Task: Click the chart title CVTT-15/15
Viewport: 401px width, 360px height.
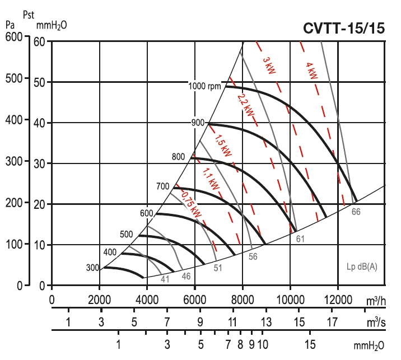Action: pyautogui.click(x=344, y=29)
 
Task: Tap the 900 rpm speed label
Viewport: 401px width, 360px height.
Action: pyautogui.click(x=197, y=123)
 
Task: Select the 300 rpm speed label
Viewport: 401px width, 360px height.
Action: pyautogui.click(x=92, y=267)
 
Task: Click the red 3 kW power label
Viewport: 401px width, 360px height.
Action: pyautogui.click(x=269, y=66)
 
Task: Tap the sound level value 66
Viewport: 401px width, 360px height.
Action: pyautogui.click(x=356, y=212)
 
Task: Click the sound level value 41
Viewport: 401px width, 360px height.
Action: pyautogui.click(x=165, y=278)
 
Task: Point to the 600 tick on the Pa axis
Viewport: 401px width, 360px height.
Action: pyautogui.click(x=13, y=37)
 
